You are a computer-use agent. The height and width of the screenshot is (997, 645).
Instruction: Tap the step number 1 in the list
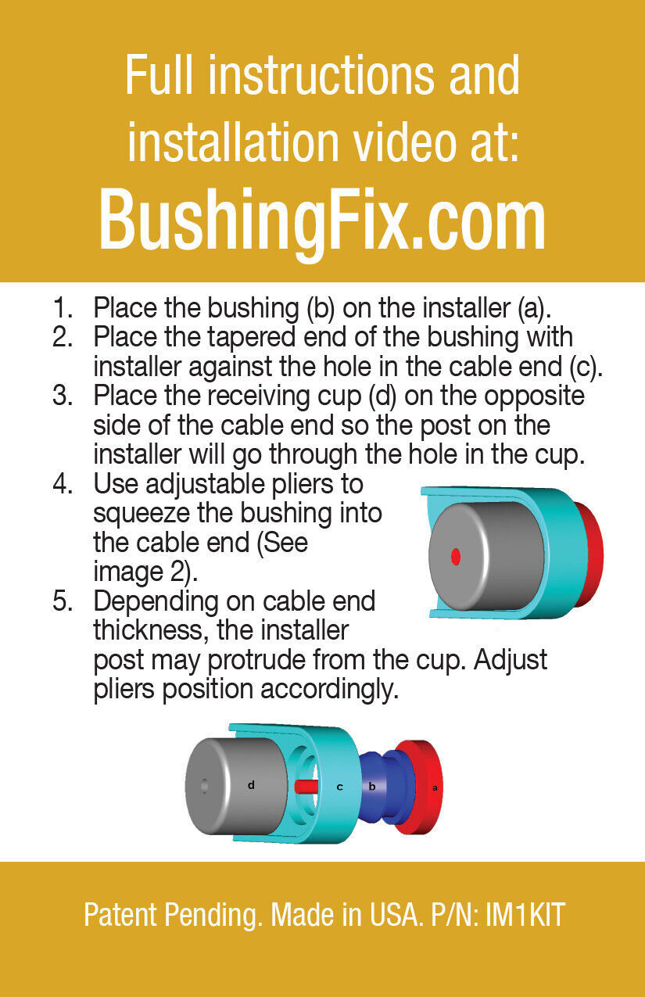pyautogui.click(x=62, y=307)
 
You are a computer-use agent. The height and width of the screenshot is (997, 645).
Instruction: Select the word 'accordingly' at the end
pyautogui.click(x=329, y=690)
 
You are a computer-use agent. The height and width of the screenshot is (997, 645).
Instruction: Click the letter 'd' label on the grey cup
pyautogui.click(x=251, y=784)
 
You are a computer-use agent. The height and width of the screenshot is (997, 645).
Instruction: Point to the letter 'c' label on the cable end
pyautogui.click(x=339, y=787)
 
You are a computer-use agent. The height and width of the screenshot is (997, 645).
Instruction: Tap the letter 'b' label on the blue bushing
pyautogui.click(x=372, y=787)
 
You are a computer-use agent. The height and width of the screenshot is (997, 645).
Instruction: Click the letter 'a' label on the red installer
pyautogui.click(x=435, y=787)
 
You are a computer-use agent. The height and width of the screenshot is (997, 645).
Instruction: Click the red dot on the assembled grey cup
pyautogui.click(x=455, y=557)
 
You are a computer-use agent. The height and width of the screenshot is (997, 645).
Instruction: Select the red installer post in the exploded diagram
pyautogui.click(x=306, y=787)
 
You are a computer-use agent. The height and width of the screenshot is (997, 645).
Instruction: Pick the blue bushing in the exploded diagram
pyautogui.click(x=386, y=787)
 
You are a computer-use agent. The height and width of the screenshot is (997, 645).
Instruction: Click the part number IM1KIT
pyautogui.click(x=525, y=916)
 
